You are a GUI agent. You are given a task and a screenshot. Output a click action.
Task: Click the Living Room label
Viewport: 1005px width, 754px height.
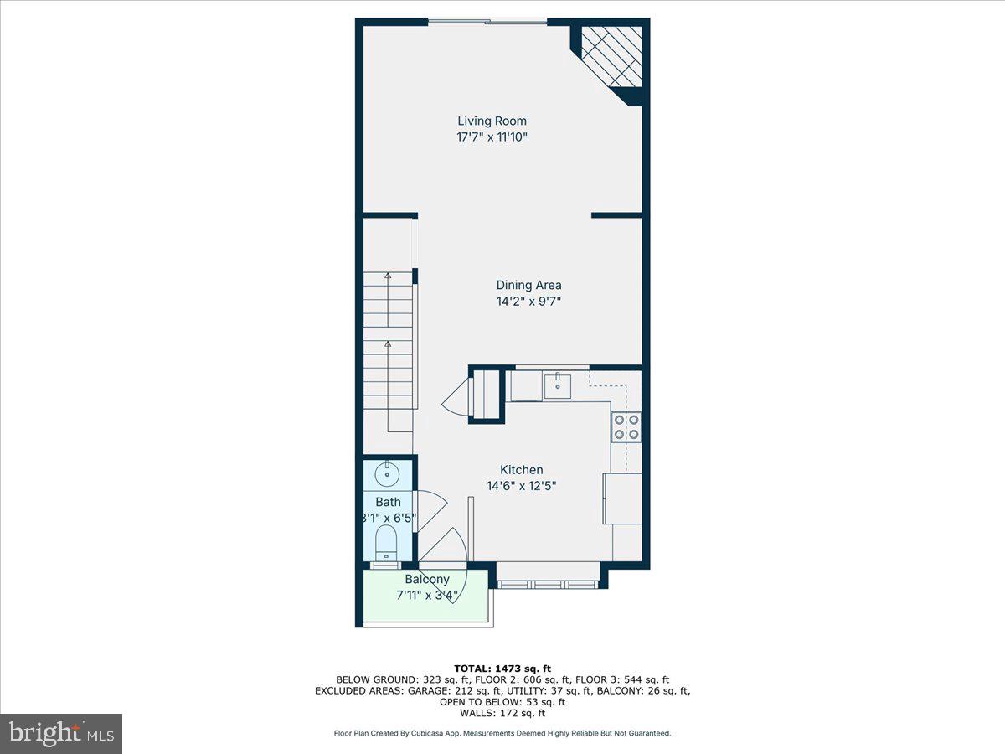pyautogui.click(x=492, y=121)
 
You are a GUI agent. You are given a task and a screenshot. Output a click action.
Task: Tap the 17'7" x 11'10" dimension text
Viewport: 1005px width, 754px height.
pyautogui.click(x=492, y=137)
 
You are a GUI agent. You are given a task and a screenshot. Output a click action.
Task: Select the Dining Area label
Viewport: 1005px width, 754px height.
pyautogui.click(x=528, y=285)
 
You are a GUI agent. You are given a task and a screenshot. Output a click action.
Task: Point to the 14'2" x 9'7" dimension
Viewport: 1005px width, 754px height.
pyautogui.click(x=528, y=302)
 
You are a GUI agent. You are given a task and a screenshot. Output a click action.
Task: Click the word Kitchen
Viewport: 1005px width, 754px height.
pyautogui.click(x=522, y=470)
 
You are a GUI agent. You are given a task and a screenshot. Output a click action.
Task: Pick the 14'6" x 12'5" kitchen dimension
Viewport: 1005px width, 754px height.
pyautogui.click(x=522, y=485)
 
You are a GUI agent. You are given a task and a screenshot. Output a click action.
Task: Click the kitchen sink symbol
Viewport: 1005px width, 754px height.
pyautogui.click(x=558, y=387)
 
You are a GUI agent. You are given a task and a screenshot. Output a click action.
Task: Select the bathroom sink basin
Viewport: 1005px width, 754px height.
pyautogui.click(x=387, y=474)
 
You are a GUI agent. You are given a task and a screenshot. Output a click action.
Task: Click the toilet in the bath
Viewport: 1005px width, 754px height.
pyautogui.click(x=386, y=542)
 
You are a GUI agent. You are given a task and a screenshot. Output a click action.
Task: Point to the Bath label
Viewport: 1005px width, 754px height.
pyautogui.click(x=388, y=502)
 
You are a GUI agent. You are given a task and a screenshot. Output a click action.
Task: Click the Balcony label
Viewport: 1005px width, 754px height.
pyautogui.click(x=427, y=580)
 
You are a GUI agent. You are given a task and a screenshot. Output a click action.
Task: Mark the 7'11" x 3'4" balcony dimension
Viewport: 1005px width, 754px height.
pyautogui.click(x=427, y=596)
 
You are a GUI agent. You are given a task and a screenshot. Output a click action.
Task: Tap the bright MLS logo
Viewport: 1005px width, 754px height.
pyautogui.click(x=61, y=734)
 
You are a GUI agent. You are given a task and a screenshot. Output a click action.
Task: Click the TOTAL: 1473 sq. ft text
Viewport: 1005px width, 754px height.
pyautogui.click(x=502, y=667)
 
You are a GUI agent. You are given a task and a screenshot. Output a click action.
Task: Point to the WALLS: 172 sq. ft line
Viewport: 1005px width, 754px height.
pyautogui.click(x=502, y=714)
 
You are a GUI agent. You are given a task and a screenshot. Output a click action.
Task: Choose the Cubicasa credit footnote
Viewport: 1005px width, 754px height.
pyautogui.click(x=502, y=733)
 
